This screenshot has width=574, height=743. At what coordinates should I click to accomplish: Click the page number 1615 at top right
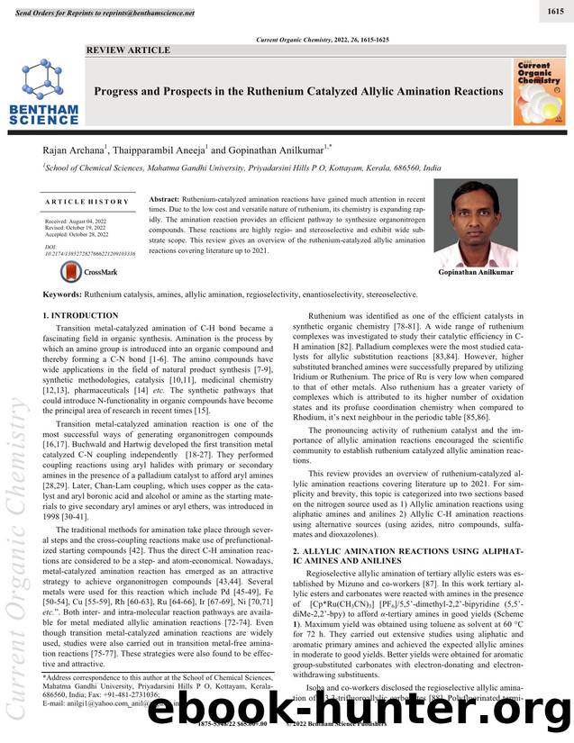556,11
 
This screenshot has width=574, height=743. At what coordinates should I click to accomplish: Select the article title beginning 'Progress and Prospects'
298,91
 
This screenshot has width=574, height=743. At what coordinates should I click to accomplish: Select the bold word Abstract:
163,198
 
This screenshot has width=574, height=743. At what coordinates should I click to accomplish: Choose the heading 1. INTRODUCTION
80,316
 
